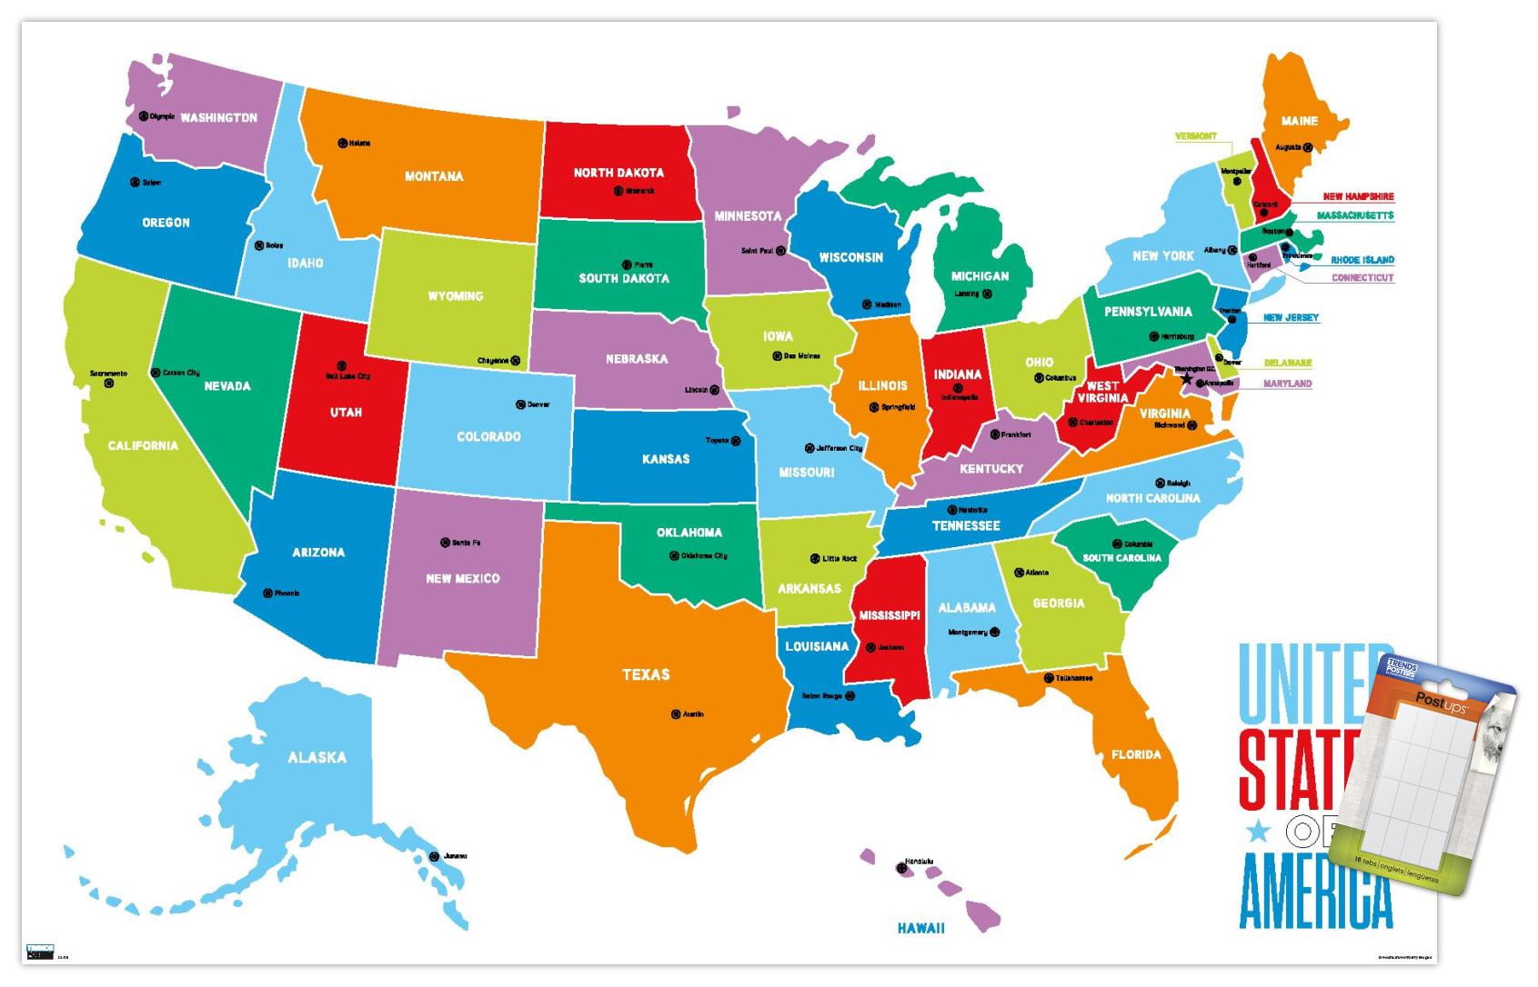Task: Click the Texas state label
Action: tap(646, 674)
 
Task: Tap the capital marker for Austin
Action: tap(676, 714)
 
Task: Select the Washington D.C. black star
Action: tap(1185, 378)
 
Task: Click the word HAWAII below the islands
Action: tap(920, 928)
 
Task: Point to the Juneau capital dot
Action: tap(434, 856)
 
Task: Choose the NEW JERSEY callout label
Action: tap(1291, 317)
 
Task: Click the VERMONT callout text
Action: tap(1195, 136)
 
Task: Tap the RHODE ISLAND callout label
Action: tap(1362, 260)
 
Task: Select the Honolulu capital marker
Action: tap(902, 868)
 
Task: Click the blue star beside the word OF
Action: tap(1258, 830)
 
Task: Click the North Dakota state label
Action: tap(618, 173)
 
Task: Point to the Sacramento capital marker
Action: tap(109, 384)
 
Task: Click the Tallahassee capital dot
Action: tap(1049, 678)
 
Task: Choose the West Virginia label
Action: tap(1102, 392)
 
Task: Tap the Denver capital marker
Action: tap(521, 404)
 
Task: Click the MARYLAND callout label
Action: tap(1287, 384)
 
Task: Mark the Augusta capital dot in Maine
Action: tap(1307, 147)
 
